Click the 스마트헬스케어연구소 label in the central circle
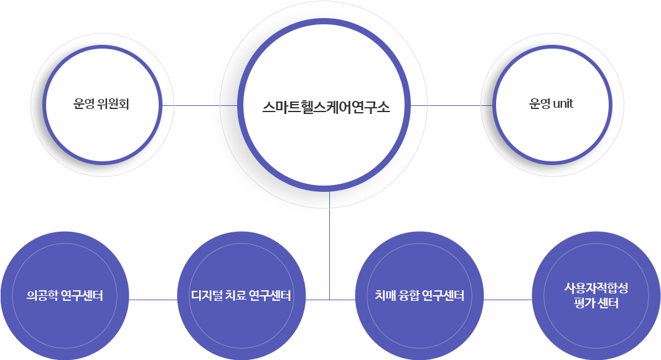[x=326, y=106]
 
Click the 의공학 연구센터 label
[x=65, y=295]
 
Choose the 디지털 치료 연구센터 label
[x=241, y=295]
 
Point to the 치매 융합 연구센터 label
[x=420, y=295]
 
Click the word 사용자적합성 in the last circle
[x=596, y=288]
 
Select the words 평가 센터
[x=596, y=303]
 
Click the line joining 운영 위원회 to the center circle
[x=199, y=106]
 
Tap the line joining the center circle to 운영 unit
[x=452, y=106]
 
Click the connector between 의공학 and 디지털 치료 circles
[x=152, y=300]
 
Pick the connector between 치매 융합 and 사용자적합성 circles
[x=508, y=300]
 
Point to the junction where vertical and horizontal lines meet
[x=329, y=300]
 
